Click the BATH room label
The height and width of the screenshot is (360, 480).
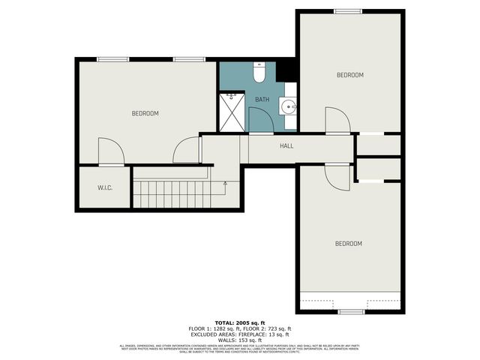pyautogui.click(x=262, y=99)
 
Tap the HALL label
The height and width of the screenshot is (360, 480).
pyautogui.click(x=286, y=146)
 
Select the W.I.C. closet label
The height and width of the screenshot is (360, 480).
pyautogui.click(x=104, y=187)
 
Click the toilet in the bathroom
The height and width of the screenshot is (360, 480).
pyautogui.click(x=259, y=73)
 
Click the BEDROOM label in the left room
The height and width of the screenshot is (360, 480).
pyautogui.click(x=145, y=113)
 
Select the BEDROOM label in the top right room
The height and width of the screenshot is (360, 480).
pyautogui.click(x=349, y=75)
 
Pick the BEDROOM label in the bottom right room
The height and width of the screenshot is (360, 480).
pyautogui.click(x=348, y=244)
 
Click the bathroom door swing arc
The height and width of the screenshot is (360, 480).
pyautogui.click(x=260, y=120)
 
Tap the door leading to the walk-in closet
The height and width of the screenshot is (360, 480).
pyautogui.click(x=110, y=152)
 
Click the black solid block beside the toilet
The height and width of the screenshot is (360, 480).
pyautogui.click(x=286, y=69)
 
